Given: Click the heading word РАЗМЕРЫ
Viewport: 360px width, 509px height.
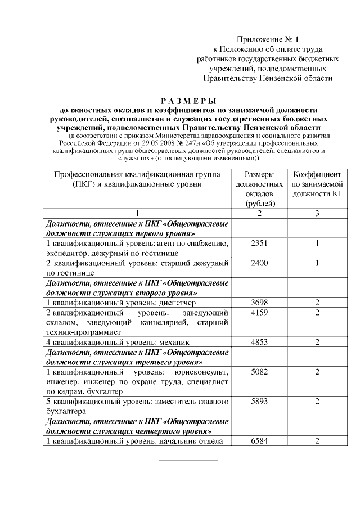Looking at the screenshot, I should point(188,101).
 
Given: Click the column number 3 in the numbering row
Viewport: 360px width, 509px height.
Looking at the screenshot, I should point(317,213).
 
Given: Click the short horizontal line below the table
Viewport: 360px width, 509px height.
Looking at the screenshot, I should point(188,461).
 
